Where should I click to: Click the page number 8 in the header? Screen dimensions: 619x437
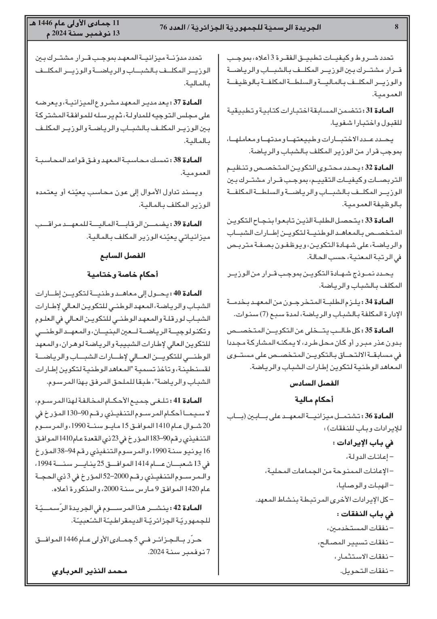pyautogui.click(x=397, y=27)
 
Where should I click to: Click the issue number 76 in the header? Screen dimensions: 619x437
pyautogui.click(x=163, y=27)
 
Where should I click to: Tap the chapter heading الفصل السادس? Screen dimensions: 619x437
pyautogui.click(x=314, y=383)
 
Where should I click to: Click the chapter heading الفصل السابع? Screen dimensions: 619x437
pyautogui.click(x=123, y=255)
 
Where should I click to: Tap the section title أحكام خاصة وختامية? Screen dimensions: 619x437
pyautogui.click(x=123, y=274)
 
